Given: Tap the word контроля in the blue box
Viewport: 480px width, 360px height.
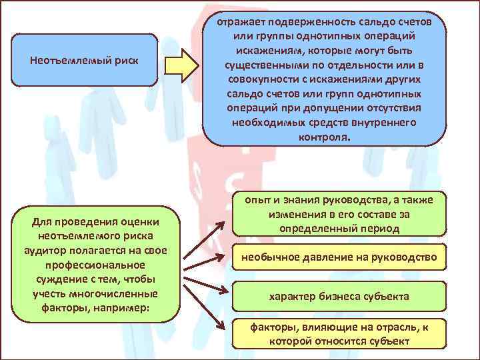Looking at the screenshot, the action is coord(325,136).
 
